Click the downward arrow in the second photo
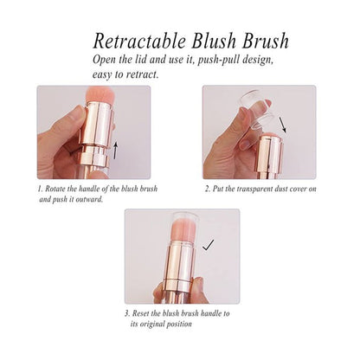click(283, 133)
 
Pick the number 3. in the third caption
click(126, 312)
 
